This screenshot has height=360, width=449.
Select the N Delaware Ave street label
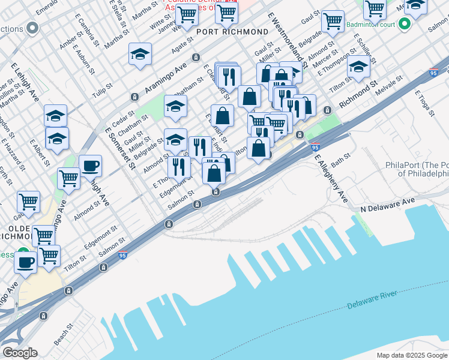[387, 204]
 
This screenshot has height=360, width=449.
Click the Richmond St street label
[358, 96]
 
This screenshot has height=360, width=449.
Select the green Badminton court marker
[405, 24]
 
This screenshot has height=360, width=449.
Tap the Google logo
[20, 353]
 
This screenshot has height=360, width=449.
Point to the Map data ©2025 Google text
[412, 355]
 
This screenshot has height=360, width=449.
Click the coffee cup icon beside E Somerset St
[90, 166]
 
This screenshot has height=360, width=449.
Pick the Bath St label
[340, 160]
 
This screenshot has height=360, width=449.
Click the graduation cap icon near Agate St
[139, 55]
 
